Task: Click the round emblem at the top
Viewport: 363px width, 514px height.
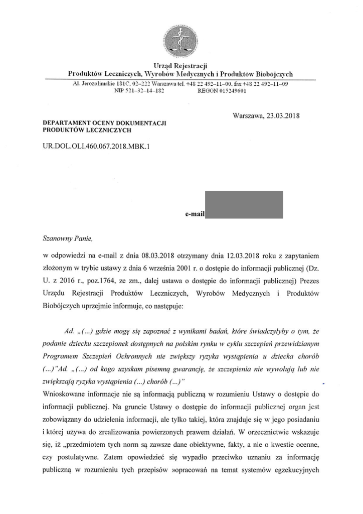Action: pyautogui.click(x=181, y=42)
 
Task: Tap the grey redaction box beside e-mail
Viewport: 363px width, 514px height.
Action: pyautogui.click(x=245, y=205)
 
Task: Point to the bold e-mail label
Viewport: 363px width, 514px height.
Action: pyautogui.click(x=195, y=214)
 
